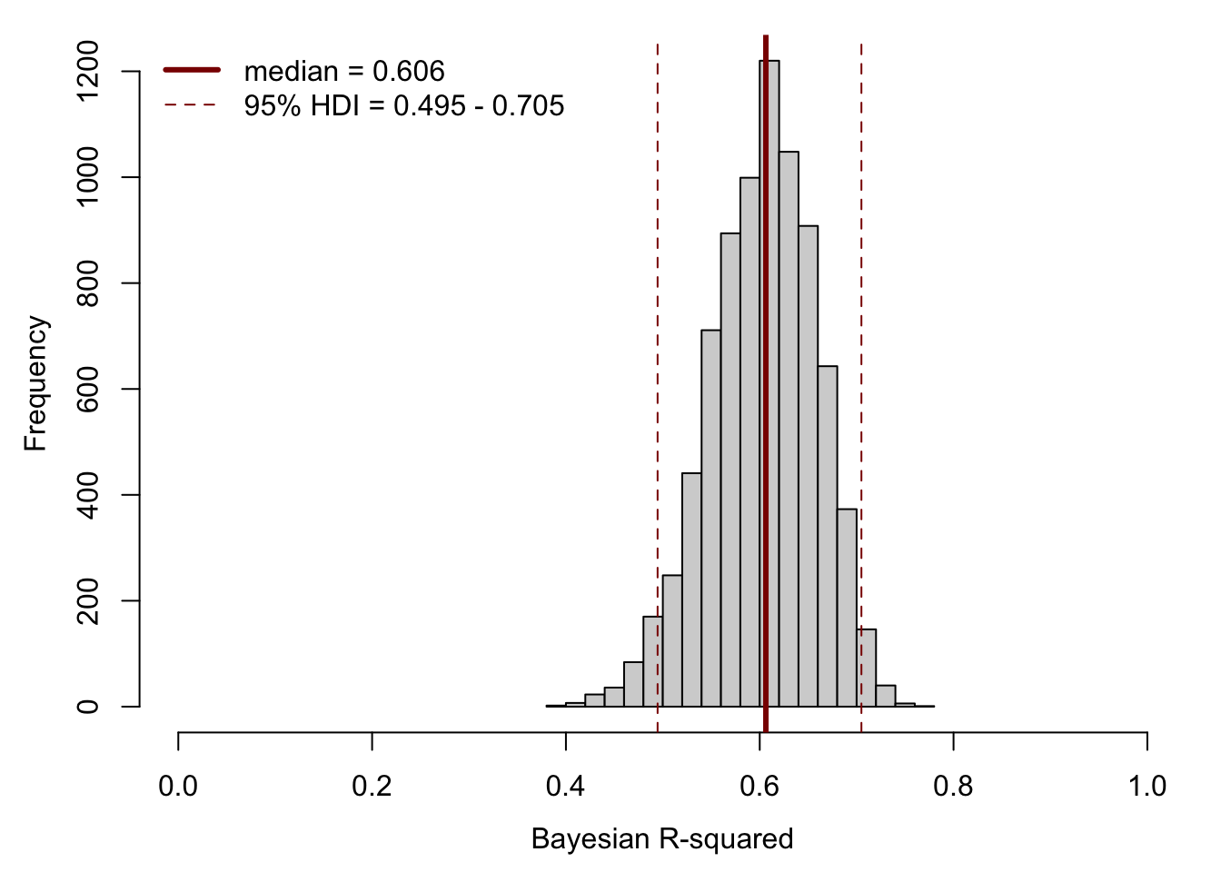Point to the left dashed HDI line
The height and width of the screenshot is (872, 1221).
point(657,272)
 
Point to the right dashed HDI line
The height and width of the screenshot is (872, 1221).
point(861,272)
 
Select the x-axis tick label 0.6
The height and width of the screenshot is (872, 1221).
point(759,786)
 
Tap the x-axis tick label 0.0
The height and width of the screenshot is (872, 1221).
point(178,786)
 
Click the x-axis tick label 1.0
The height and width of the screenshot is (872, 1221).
point(1147,786)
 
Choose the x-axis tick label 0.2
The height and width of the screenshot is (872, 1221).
point(372,786)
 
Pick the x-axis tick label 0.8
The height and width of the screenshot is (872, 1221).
point(953,786)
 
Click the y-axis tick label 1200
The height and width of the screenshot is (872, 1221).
point(88,71)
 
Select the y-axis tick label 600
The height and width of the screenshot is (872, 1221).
point(88,389)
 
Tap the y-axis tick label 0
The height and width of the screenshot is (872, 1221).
point(88,706)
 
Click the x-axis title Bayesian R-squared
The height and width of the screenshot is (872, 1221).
point(662,838)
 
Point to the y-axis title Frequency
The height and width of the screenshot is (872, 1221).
point(35,383)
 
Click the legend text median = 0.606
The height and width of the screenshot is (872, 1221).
point(344,71)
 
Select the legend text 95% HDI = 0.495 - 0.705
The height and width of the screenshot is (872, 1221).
point(404,106)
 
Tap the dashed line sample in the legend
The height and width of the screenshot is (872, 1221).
point(191,105)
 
